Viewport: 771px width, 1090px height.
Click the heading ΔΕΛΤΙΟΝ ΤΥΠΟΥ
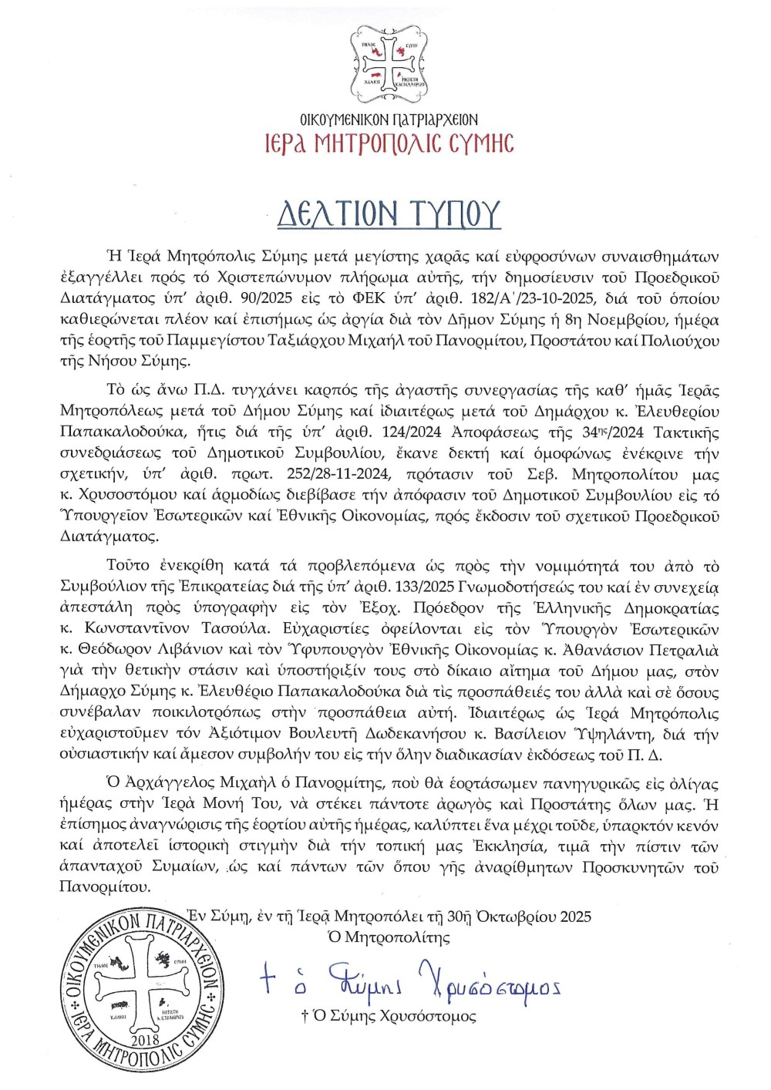tap(389, 214)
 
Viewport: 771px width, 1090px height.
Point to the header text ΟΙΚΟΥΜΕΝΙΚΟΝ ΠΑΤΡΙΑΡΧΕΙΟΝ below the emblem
tap(389, 119)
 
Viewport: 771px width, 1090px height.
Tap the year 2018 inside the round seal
tap(145, 1041)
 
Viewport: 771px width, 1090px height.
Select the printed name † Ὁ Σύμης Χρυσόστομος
tap(389, 1016)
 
